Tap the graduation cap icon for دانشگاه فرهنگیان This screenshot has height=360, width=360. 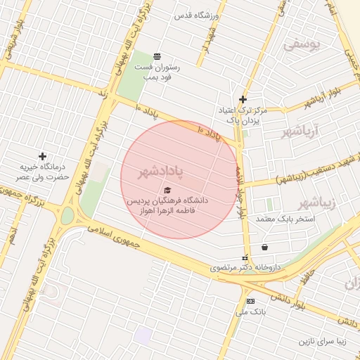coord(167,190)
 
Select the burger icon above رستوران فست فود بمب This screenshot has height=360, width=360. coord(157,56)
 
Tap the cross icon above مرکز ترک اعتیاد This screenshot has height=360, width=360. coord(243,99)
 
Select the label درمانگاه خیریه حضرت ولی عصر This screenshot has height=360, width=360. coord(44,172)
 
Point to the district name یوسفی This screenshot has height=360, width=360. coord(302,45)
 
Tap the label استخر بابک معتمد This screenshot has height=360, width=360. coord(285,219)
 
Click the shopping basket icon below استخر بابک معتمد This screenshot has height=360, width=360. coord(264,247)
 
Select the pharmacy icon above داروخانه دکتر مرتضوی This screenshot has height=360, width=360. coord(245,258)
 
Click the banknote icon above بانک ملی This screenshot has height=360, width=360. coord(250,301)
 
